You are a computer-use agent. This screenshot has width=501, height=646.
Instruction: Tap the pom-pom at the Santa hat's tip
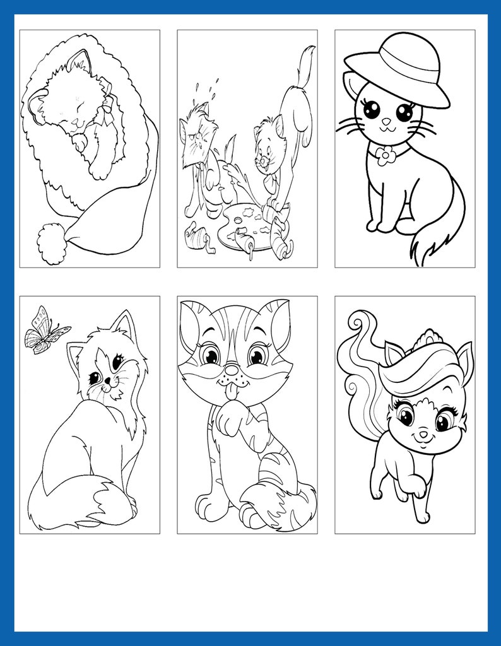coord(51,244)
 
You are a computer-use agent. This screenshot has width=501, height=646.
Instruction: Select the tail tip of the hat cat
coord(429,249)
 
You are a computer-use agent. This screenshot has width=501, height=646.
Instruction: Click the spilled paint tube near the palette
coord(192,238)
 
